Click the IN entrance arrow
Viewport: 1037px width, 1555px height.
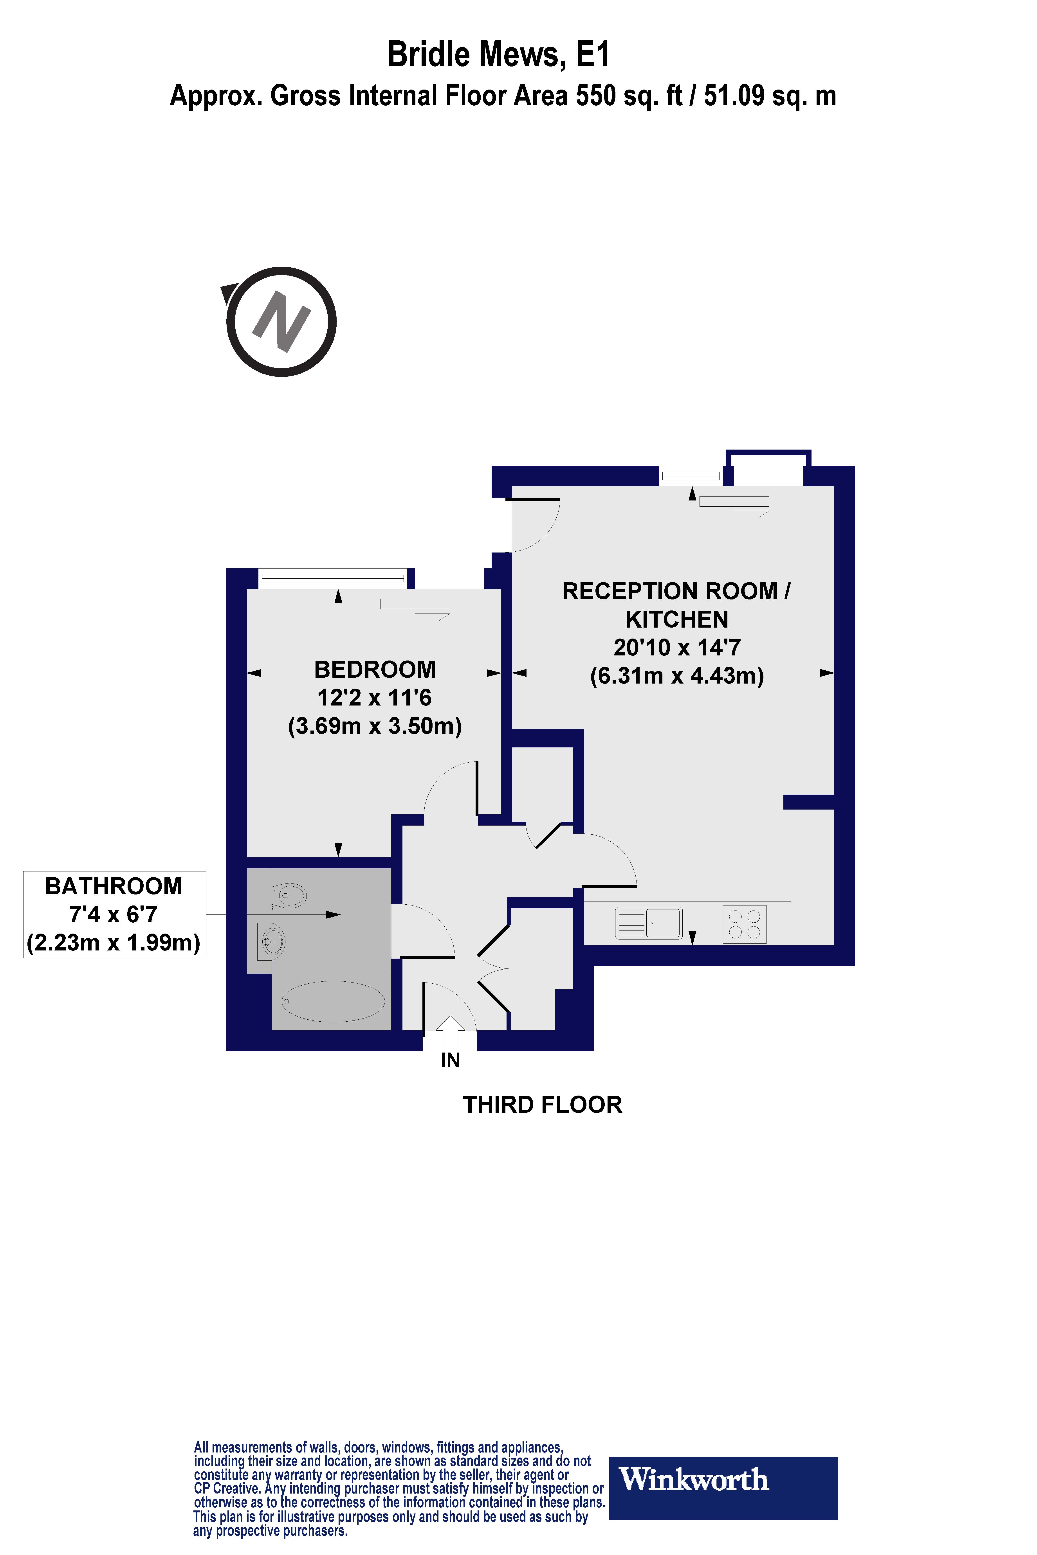(450, 1031)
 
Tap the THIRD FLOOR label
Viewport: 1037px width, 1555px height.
(542, 1105)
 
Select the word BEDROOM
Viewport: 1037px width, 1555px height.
(375, 670)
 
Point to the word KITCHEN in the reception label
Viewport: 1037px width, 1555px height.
(676, 619)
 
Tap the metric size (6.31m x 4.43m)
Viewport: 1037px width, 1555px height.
(676, 676)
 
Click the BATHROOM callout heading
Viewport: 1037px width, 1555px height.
(114, 886)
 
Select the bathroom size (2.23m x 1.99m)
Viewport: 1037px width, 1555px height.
(114, 942)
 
